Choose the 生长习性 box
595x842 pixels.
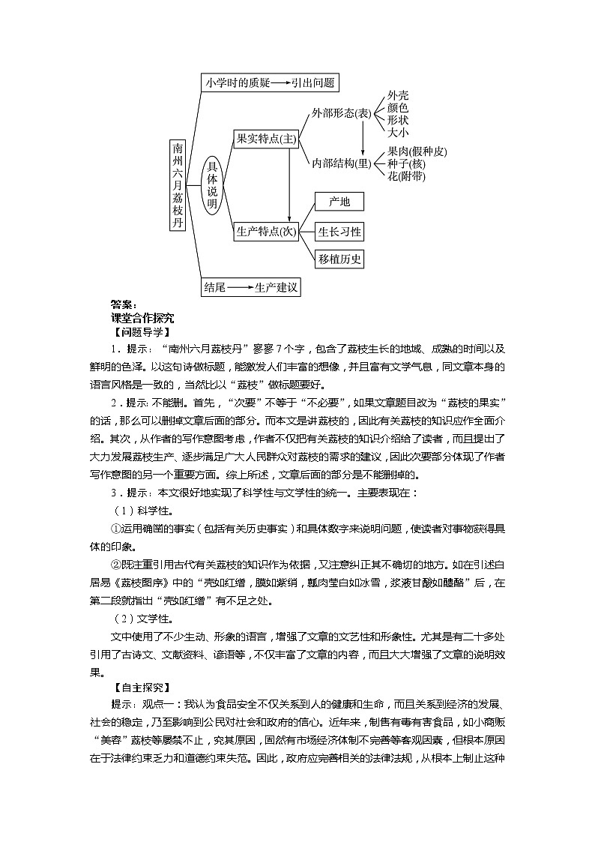[x=339, y=232]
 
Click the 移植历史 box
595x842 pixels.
[x=339, y=259]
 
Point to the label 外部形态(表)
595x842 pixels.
[x=342, y=113]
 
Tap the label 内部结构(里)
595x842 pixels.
[x=342, y=163]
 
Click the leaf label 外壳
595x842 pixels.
[x=398, y=95]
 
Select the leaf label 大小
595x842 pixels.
[x=398, y=132]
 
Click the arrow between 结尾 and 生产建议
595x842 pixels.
[x=239, y=287]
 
